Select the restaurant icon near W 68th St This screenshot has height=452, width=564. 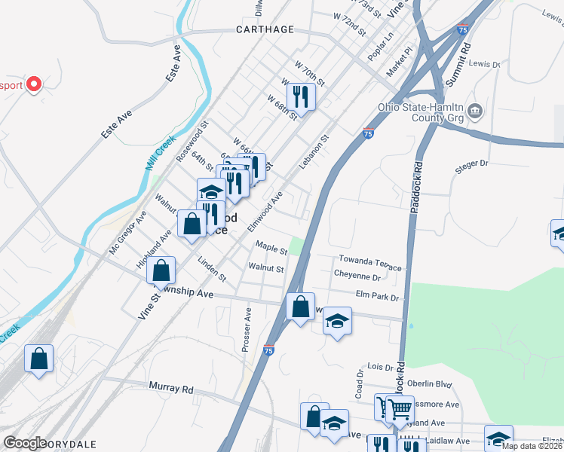tap(301, 96)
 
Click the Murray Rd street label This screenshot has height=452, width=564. tap(171, 389)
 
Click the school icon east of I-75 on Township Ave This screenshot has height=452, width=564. tap(338, 321)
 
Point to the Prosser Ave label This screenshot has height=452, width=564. tap(246, 330)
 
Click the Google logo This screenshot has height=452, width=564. tap(25, 442)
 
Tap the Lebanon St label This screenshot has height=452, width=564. tap(314, 151)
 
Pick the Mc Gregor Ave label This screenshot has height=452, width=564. tap(127, 232)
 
